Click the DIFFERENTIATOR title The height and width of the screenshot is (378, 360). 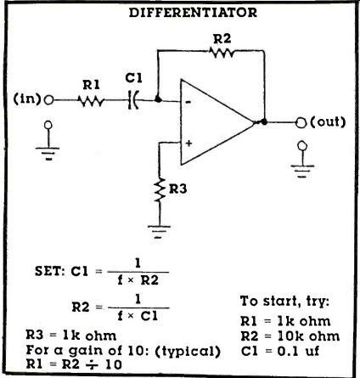pos(193,13)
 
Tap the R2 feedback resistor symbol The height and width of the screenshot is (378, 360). pos(222,52)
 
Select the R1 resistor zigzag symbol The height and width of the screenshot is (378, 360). pos(91,100)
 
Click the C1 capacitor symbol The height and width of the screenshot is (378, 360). pos(132,100)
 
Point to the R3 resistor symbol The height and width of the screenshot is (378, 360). pos(160,189)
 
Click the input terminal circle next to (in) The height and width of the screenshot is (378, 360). pos(49,100)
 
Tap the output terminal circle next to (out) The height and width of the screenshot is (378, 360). pos(301,123)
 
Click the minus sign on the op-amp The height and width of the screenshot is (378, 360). pos(188,102)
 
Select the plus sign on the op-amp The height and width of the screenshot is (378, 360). pos(188,144)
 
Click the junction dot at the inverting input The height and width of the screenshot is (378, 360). pos(158,99)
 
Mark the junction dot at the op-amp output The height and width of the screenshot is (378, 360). pos(264,121)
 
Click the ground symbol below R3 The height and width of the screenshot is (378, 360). pos(160,232)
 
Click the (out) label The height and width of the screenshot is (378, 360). pos(329,122)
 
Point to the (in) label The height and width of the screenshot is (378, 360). pos(27,99)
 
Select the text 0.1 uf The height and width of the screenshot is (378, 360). pos(298,351)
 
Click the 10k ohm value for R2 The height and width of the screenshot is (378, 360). pos(308,336)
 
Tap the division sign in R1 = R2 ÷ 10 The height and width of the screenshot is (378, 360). pos(93,364)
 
